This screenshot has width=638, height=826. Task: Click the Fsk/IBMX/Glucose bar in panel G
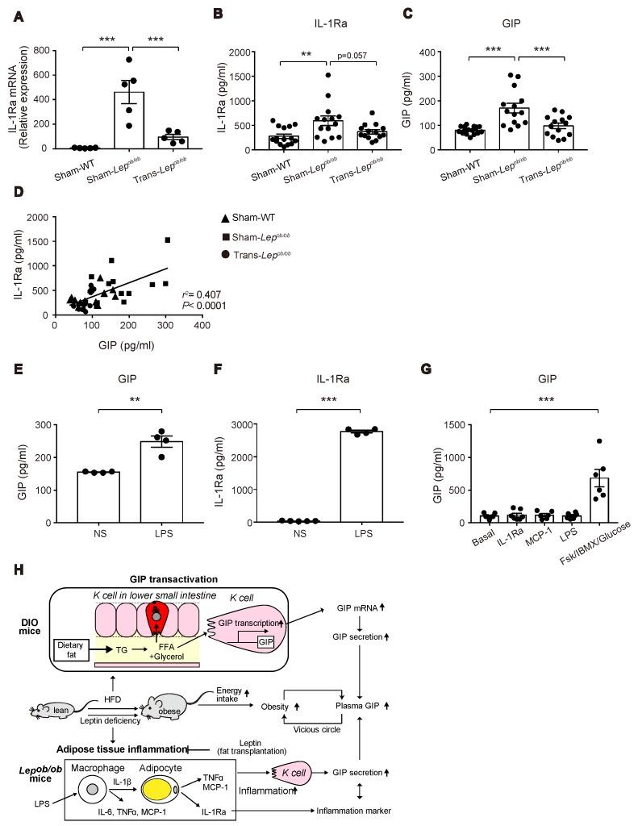click(578, 500)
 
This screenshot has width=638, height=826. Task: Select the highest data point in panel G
click(578, 441)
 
